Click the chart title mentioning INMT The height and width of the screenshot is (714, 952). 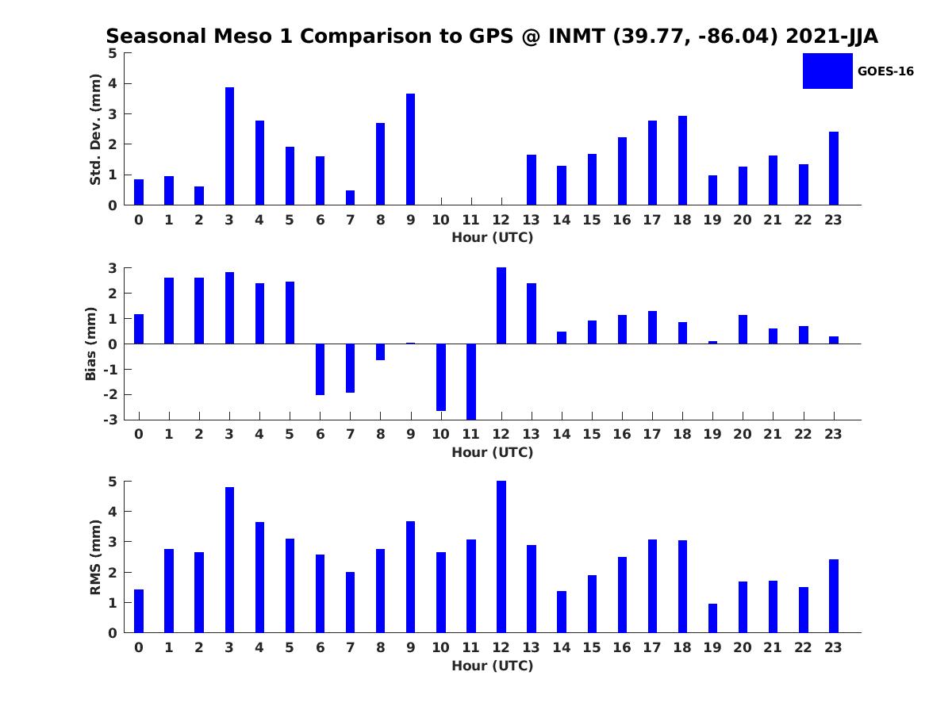click(492, 36)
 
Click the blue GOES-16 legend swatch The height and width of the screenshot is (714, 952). click(827, 71)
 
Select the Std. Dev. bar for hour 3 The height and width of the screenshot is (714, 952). click(229, 146)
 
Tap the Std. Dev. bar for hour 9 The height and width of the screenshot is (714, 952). click(410, 149)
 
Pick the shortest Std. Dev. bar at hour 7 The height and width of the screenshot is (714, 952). click(350, 198)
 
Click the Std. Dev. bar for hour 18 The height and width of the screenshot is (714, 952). click(682, 160)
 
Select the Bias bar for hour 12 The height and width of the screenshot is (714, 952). click(501, 305)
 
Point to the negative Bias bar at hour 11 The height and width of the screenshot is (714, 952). click(471, 382)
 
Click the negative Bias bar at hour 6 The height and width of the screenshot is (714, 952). click(320, 369)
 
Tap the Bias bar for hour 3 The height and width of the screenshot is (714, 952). click(229, 308)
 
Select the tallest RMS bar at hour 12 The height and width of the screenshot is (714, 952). click(501, 557)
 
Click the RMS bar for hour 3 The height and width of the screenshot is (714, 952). click(229, 560)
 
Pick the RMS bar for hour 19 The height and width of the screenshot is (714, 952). click(712, 618)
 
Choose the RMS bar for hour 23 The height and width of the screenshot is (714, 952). click(833, 596)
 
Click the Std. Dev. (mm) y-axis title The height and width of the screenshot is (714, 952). click(95, 129)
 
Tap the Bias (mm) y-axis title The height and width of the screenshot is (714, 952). click(91, 344)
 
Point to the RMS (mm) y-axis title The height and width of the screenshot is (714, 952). click(95, 557)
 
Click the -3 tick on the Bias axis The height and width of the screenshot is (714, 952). click(112, 420)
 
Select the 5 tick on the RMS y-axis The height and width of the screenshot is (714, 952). click(113, 482)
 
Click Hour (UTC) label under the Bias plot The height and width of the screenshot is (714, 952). click(492, 452)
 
